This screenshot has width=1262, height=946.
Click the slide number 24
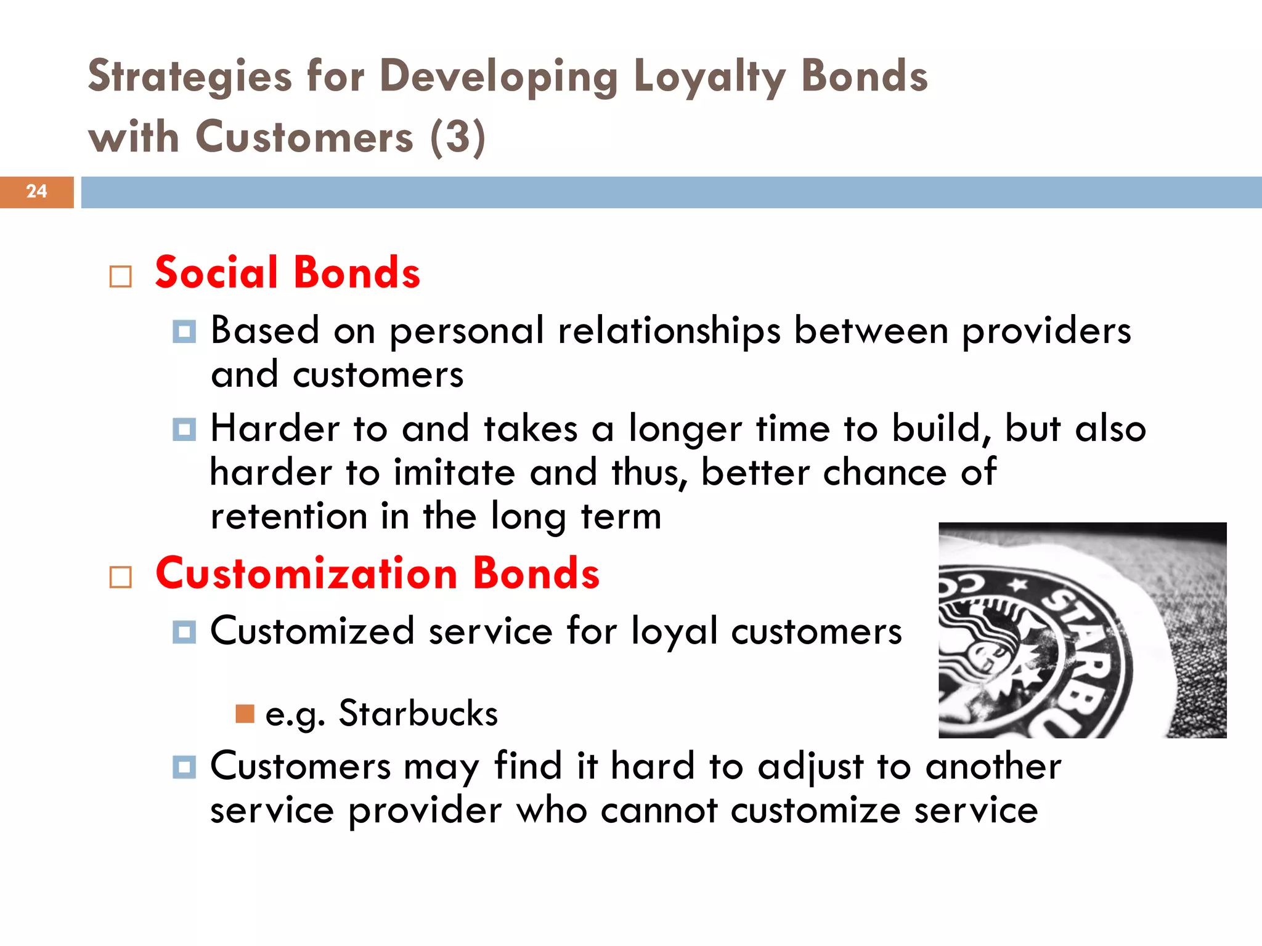point(36,192)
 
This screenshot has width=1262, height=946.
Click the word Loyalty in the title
point(709,78)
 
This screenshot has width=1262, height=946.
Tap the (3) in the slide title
point(458,138)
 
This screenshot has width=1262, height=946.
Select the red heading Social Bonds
point(287,273)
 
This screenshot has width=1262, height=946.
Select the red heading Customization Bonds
point(377,573)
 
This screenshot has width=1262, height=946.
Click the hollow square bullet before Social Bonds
point(121,277)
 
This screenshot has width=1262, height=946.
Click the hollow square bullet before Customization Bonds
point(121,577)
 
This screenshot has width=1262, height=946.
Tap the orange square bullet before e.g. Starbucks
point(245,714)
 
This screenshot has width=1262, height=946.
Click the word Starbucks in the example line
point(418,714)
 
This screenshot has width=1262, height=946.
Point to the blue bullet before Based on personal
point(184,331)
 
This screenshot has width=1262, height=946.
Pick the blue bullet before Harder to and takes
point(184,429)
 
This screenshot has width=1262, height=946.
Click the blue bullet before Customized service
point(184,632)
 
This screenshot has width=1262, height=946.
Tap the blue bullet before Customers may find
point(184,767)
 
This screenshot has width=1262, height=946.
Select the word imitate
point(454,473)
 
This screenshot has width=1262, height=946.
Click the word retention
point(288,516)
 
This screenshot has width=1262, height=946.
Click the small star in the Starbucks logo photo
point(1018,584)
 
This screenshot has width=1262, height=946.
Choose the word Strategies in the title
point(190,78)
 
